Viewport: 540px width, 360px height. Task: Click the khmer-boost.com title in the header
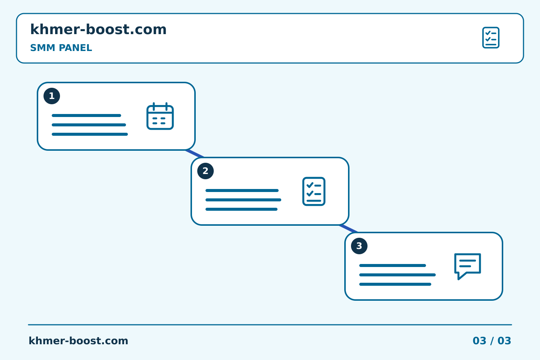[x=98, y=29]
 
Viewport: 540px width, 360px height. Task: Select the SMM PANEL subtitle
[x=61, y=48]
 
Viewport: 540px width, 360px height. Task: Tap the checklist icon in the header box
[x=490, y=37]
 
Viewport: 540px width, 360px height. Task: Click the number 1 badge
[x=52, y=96]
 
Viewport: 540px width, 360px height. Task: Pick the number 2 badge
[x=205, y=171]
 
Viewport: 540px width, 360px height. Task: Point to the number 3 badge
[x=359, y=246]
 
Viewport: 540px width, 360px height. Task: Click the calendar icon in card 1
[x=160, y=116]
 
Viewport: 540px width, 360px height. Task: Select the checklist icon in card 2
[x=314, y=192]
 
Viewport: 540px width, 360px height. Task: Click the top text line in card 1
[x=86, y=115]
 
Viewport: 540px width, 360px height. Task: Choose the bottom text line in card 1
[x=90, y=134]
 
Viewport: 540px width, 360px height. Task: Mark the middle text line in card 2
[x=243, y=200]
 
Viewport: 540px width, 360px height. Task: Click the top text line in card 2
[x=242, y=190]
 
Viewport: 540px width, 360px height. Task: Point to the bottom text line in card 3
[x=395, y=284]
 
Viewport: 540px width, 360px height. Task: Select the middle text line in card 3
[x=397, y=275]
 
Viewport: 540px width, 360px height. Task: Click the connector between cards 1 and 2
[x=195, y=154]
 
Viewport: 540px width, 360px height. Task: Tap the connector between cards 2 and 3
[x=349, y=229]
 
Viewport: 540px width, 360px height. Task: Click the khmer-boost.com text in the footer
[x=78, y=341]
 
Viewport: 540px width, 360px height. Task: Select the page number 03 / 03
[x=492, y=341]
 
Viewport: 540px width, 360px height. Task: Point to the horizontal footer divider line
[x=270, y=325]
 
